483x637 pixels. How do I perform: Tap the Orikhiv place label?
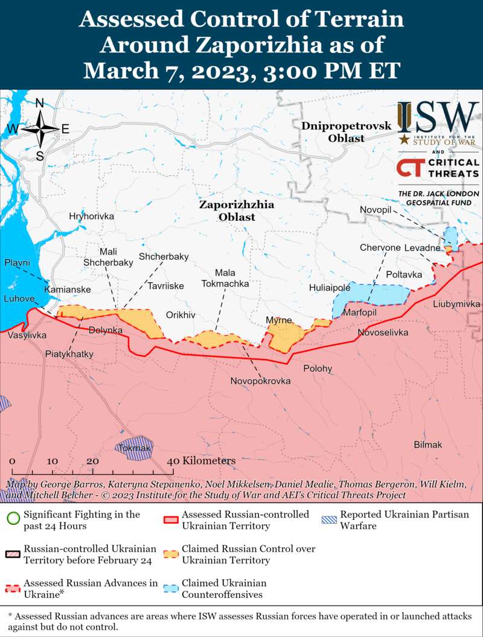pos(181,315)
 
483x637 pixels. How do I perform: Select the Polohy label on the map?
pos(318,368)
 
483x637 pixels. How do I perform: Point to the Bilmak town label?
pos(427,445)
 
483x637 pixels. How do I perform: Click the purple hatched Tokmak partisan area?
pos(134,448)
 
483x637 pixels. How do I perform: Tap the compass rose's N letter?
pos(40,103)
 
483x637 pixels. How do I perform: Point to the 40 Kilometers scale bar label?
pos(201,461)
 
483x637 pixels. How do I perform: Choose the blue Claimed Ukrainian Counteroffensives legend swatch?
pos(172,589)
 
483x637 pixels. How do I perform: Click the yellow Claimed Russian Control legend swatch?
pos(172,554)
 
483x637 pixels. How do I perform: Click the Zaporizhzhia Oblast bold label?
pos(237,211)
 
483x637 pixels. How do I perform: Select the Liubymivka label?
pos(456,304)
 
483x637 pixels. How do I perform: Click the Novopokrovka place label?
pos(260,381)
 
